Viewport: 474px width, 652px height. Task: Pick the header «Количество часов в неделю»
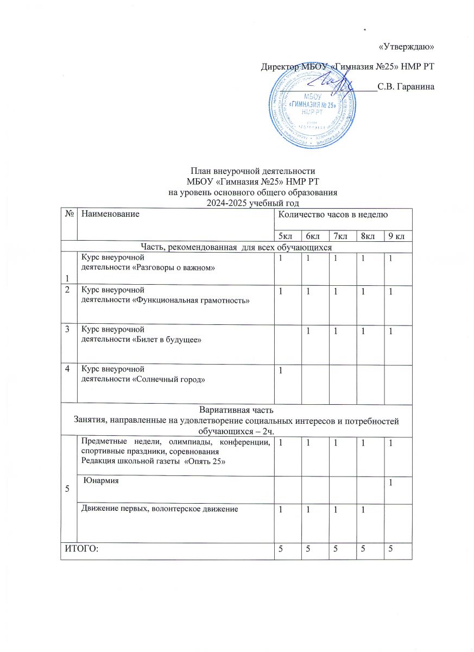tap(332, 215)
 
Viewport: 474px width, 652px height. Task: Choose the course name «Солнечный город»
tap(169, 379)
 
